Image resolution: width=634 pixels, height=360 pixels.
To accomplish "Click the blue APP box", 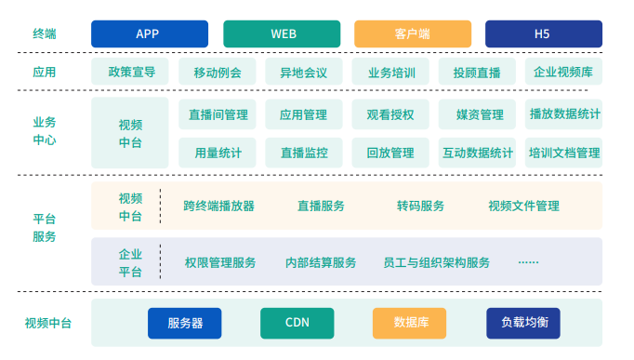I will [x=149, y=33].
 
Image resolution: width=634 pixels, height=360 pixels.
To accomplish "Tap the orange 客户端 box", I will [x=412, y=33].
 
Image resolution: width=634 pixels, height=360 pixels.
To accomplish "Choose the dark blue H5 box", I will [x=543, y=33].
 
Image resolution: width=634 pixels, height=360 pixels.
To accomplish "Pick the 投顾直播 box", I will [x=477, y=72].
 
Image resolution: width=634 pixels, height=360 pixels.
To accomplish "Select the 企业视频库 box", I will [x=563, y=72].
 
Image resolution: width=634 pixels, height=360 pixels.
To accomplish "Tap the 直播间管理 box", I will [x=218, y=114].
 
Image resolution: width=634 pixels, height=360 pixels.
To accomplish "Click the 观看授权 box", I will [x=390, y=114].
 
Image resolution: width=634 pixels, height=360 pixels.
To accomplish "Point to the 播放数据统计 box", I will [x=563, y=114].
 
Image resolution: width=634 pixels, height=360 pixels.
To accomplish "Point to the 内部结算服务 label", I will [x=321, y=262].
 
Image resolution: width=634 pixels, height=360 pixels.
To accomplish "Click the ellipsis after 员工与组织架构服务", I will [x=528, y=262].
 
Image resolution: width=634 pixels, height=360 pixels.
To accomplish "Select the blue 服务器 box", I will [x=185, y=323].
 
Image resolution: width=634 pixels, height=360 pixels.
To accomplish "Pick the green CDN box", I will [x=297, y=323].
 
